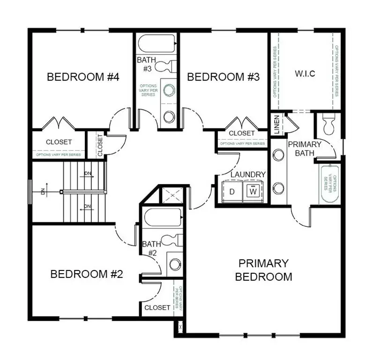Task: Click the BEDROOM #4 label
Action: click(83, 77)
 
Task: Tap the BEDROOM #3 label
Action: click(223, 77)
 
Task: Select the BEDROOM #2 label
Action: click(86, 274)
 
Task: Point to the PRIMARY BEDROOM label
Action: click(263, 270)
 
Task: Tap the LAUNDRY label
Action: click(248, 174)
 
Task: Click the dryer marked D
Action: click(232, 191)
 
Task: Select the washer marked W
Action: click(253, 191)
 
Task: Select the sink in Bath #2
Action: click(175, 264)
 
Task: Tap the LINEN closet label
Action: click(277, 124)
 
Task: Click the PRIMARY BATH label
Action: click(305, 148)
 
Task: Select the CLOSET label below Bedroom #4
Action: click(59, 142)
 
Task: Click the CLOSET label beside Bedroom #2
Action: click(157, 307)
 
